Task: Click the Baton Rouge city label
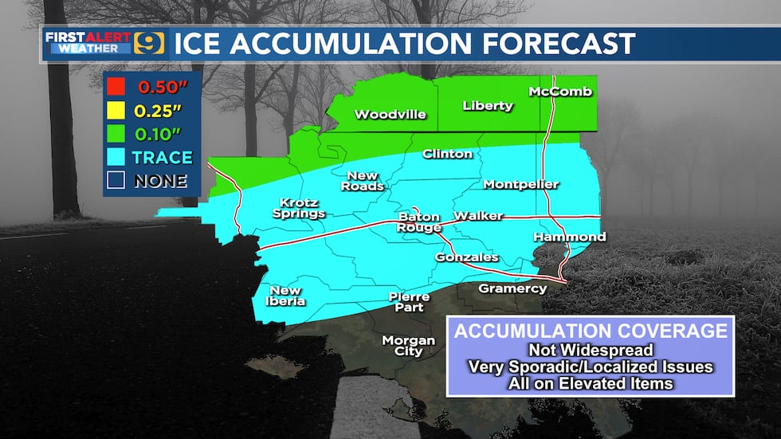420,222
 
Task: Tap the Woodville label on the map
390,115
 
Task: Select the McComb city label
561,92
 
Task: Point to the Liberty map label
488,106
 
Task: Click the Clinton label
447,154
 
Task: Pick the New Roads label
365,181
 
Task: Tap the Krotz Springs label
299,207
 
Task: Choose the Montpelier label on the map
521,185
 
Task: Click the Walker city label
478,216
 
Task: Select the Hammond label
570,237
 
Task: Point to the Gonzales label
466,257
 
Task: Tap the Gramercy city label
512,288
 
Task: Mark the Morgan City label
409,346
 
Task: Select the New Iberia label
285,296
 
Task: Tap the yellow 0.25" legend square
116,111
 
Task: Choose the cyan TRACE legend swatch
116,157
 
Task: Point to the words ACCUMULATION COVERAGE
591,331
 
